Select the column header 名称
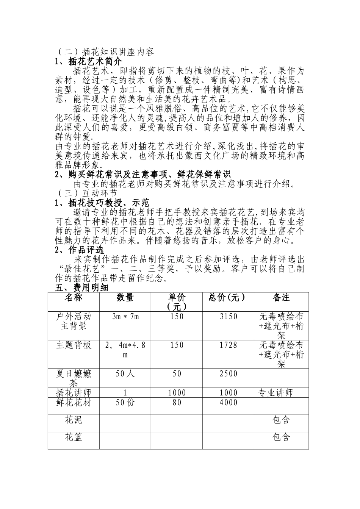click(74, 298)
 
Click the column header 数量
click(125, 298)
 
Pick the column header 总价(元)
click(227, 298)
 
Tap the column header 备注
click(281, 298)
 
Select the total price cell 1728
click(228, 345)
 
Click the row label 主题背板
click(74, 345)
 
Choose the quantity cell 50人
click(125, 374)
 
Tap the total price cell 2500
click(228, 374)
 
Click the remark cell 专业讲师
click(275, 393)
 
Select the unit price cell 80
click(177, 402)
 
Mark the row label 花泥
click(74, 420)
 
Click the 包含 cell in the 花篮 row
click(281, 437)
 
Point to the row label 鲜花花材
click(74, 402)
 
